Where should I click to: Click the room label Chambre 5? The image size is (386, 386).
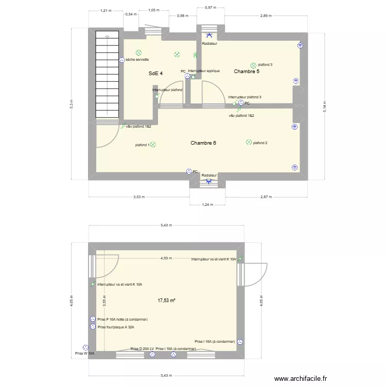point(247,72)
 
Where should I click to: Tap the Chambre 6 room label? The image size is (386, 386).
point(203,143)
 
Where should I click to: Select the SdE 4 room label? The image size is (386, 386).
point(155,74)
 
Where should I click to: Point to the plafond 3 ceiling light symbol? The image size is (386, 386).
point(253,65)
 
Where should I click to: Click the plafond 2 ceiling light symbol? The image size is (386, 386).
point(249,142)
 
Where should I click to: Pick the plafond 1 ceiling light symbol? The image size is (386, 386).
point(153,145)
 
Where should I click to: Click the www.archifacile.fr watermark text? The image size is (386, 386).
point(301,378)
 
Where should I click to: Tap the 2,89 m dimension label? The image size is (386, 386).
point(265,16)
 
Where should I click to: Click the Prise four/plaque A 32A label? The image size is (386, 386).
point(122,327)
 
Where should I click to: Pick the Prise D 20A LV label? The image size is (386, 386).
point(142,348)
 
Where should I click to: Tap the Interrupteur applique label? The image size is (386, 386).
point(204,71)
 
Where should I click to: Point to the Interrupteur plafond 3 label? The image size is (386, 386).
point(244,97)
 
